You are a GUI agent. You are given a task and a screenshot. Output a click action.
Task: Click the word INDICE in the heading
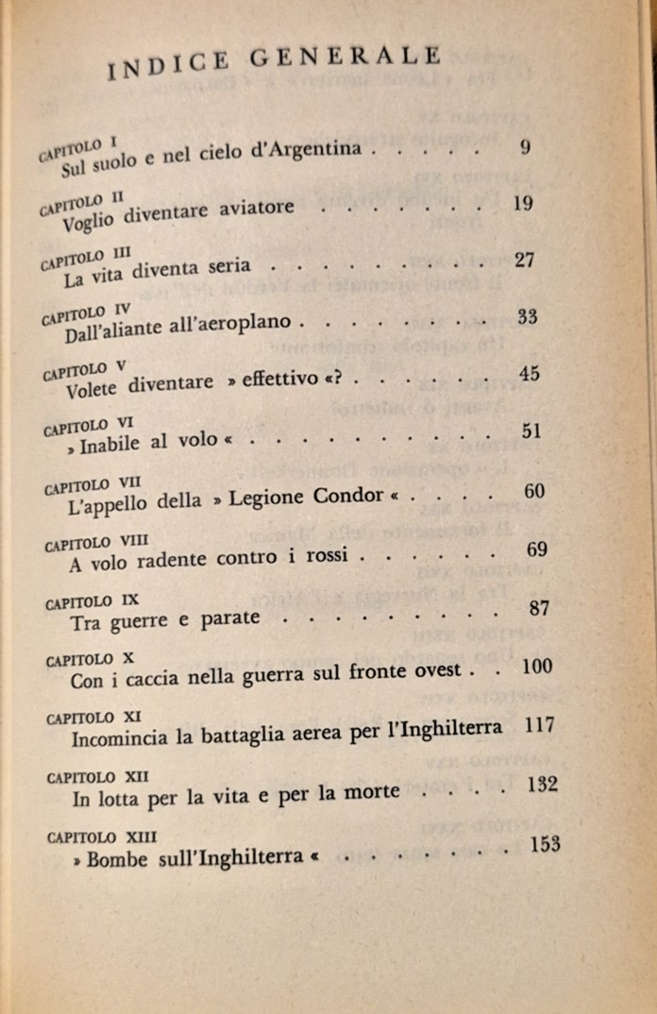coord(169,62)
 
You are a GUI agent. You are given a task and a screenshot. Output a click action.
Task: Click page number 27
coord(526,260)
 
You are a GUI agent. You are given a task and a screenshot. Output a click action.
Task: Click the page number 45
coord(529,373)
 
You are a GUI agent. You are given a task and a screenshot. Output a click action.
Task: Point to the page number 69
coord(537,549)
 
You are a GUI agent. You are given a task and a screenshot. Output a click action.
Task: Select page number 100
coord(536,667)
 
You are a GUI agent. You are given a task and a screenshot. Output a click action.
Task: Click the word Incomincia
coord(123,736)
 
